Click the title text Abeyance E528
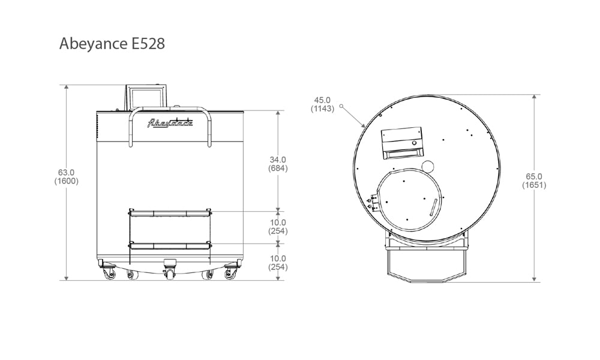click(112, 44)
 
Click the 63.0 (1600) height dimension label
click(66, 177)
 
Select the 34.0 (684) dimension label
click(278, 164)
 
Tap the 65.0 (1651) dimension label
click(534, 181)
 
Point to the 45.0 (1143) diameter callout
click(322, 104)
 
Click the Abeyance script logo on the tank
click(170, 122)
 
